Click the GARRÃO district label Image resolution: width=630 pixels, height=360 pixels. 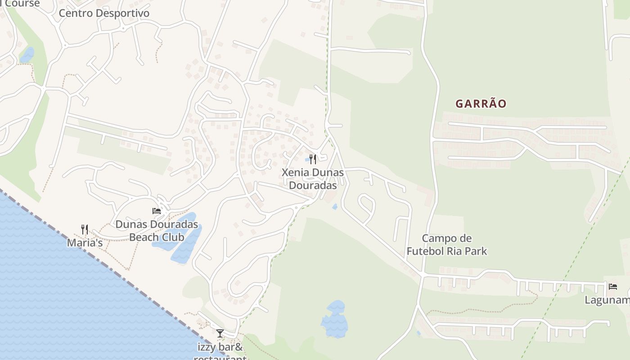click(x=481, y=104)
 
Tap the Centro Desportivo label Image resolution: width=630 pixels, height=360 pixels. click(x=104, y=13)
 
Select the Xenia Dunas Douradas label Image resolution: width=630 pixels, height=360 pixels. click(x=313, y=179)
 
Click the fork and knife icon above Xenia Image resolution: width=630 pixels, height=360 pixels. click(x=313, y=159)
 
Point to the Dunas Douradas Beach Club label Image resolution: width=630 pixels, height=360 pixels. click(x=157, y=230)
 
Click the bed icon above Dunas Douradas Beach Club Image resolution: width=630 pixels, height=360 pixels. click(x=157, y=211)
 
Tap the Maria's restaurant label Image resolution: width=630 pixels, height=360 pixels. click(x=85, y=243)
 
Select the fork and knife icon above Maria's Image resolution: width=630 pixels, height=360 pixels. click(x=85, y=229)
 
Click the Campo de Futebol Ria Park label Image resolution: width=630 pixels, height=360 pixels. click(x=447, y=245)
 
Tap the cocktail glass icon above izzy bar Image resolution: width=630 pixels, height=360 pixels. click(x=220, y=333)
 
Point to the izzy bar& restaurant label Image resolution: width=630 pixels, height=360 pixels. click(x=220, y=351)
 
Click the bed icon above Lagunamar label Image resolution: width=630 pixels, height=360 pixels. click(x=612, y=287)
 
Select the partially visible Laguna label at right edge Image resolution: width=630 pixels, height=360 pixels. click(x=607, y=300)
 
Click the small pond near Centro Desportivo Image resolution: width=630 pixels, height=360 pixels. click(x=27, y=55)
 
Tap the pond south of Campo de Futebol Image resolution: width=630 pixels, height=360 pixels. click(x=334, y=320)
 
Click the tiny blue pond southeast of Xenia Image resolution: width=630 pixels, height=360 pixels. click(x=334, y=207)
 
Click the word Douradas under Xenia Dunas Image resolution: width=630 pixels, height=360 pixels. click(x=313, y=185)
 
